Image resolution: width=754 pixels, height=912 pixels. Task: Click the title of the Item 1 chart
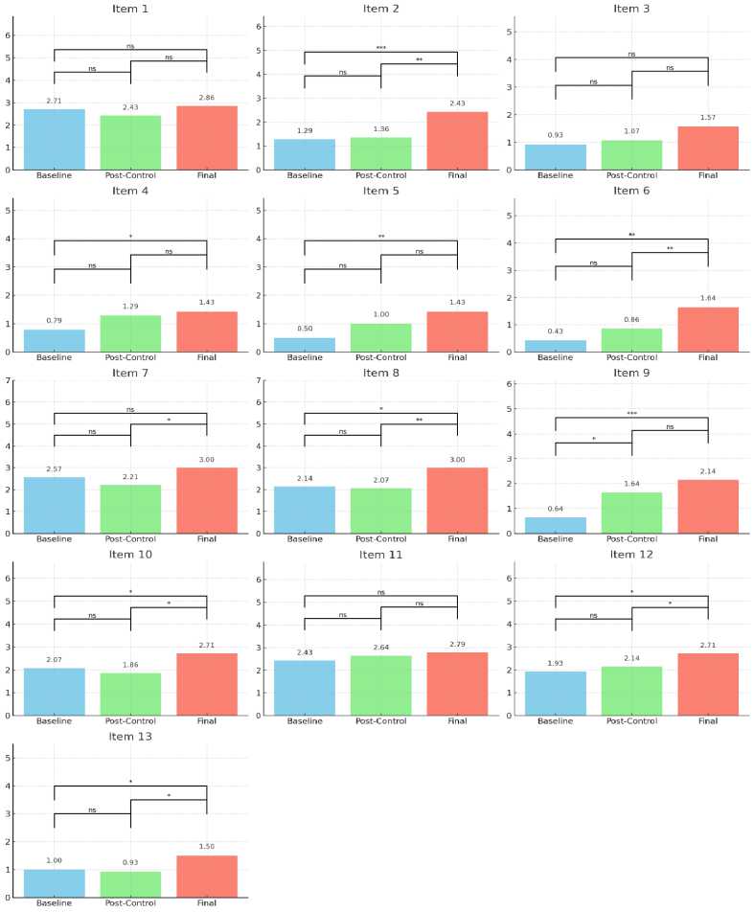click(x=130, y=9)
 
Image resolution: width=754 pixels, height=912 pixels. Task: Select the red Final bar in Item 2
click(x=457, y=141)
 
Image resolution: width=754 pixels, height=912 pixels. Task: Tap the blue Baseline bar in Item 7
click(x=55, y=505)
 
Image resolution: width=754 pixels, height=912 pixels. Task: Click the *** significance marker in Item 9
click(x=631, y=413)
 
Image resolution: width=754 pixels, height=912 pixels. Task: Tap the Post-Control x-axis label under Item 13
click(x=130, y=903)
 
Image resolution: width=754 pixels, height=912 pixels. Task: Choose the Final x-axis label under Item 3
click(x=708, y=176)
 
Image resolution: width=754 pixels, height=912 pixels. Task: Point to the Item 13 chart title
click(x=130, y=736)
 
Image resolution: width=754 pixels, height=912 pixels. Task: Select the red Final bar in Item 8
click(x=457, y=500)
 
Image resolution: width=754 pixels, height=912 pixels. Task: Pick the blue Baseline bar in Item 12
click(x=556, y=693)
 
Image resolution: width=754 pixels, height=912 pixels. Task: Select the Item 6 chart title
click(x=631, y=191)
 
